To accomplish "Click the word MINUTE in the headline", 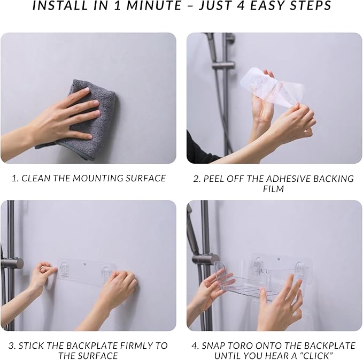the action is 154,5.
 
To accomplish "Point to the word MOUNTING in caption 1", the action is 99,178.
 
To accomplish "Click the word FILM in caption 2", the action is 273,189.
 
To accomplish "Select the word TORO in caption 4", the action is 242,346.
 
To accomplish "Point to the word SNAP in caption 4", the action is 213,346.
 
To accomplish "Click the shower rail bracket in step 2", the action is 223,65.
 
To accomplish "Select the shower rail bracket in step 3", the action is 12,263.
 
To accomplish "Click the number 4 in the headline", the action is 241,5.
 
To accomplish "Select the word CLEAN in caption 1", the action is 36,178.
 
